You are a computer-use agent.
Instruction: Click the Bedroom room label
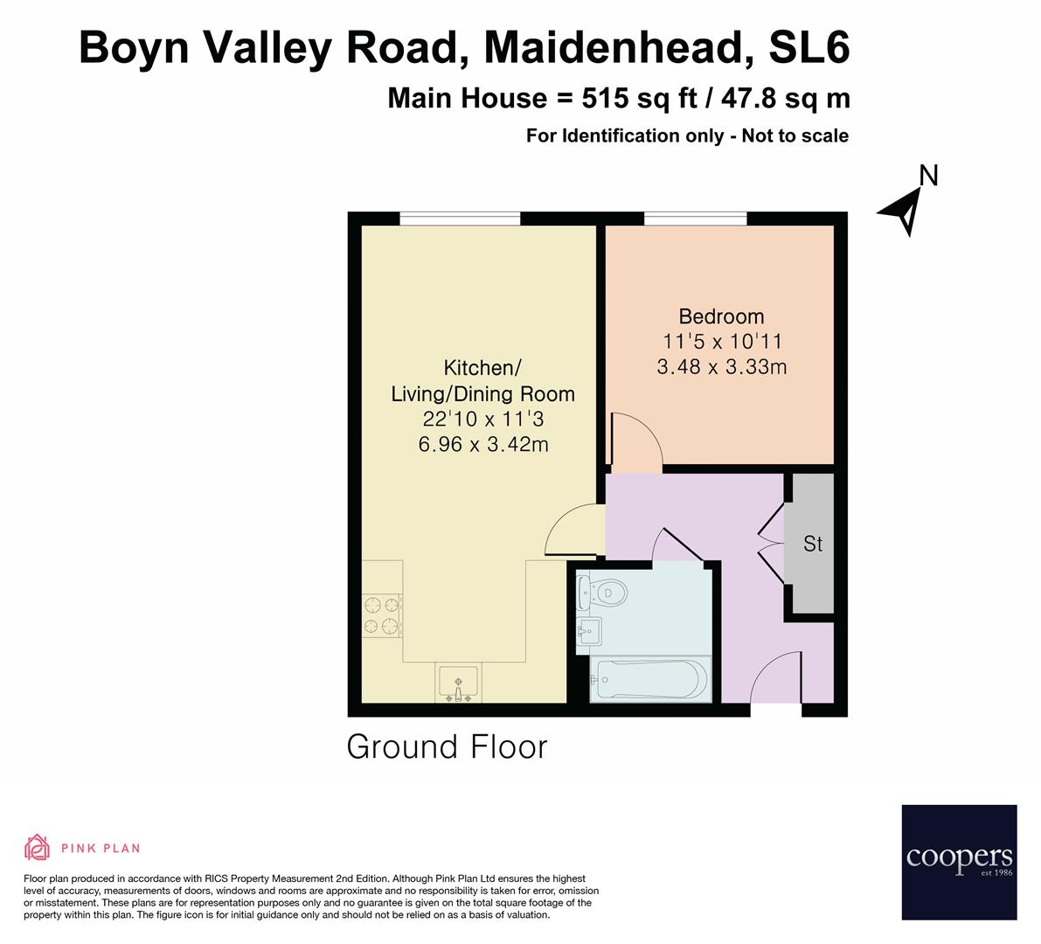721,316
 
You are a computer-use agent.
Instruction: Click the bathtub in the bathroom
649,680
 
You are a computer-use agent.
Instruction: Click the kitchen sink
457,682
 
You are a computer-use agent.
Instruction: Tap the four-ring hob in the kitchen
382,614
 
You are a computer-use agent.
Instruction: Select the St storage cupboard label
813,544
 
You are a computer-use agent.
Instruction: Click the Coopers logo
959,862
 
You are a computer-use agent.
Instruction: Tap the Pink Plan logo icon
37,847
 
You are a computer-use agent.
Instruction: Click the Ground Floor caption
447,747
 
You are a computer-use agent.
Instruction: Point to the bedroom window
696,219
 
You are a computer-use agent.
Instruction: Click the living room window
461,219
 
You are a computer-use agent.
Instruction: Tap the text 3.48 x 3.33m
721,367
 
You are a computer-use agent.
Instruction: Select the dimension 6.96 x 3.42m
483,444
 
